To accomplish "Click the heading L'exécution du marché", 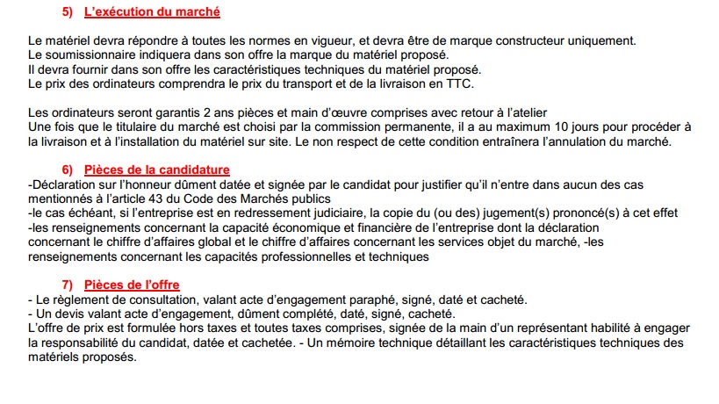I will (152, 12).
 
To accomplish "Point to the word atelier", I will (528, 112).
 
